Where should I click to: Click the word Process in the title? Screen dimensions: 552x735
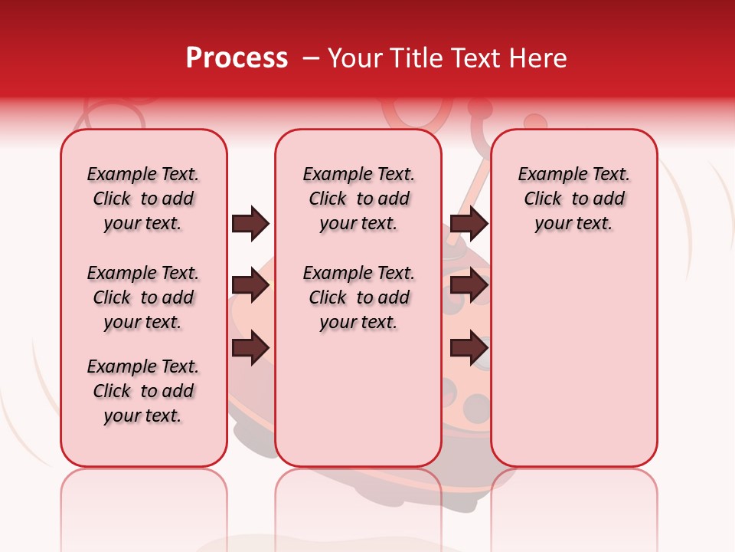(x=237, y=58)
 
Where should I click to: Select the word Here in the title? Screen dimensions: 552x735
(x=538, y=58)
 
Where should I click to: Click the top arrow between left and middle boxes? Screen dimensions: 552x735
(x=250, y=224)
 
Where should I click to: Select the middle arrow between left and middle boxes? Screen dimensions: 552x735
(x=250, y=286)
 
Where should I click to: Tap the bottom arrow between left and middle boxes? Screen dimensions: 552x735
(x=250, y=347)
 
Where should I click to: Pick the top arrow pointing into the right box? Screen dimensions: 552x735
(x=469, y=224)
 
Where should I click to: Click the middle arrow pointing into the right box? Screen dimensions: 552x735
(x=469, y=286)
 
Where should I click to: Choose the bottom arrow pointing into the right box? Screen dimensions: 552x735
(x=469, y=347)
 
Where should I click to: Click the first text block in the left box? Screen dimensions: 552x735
(x=143, y=199)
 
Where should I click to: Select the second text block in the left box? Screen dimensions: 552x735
(x=143, y=297)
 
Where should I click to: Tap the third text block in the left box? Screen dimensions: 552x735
(x=143, y=391)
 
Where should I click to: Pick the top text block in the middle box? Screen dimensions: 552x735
(x=358, y=199)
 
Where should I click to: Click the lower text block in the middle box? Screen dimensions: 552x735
(x=358, y=297)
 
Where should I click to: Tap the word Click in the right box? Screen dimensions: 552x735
(x=543, y=199)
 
